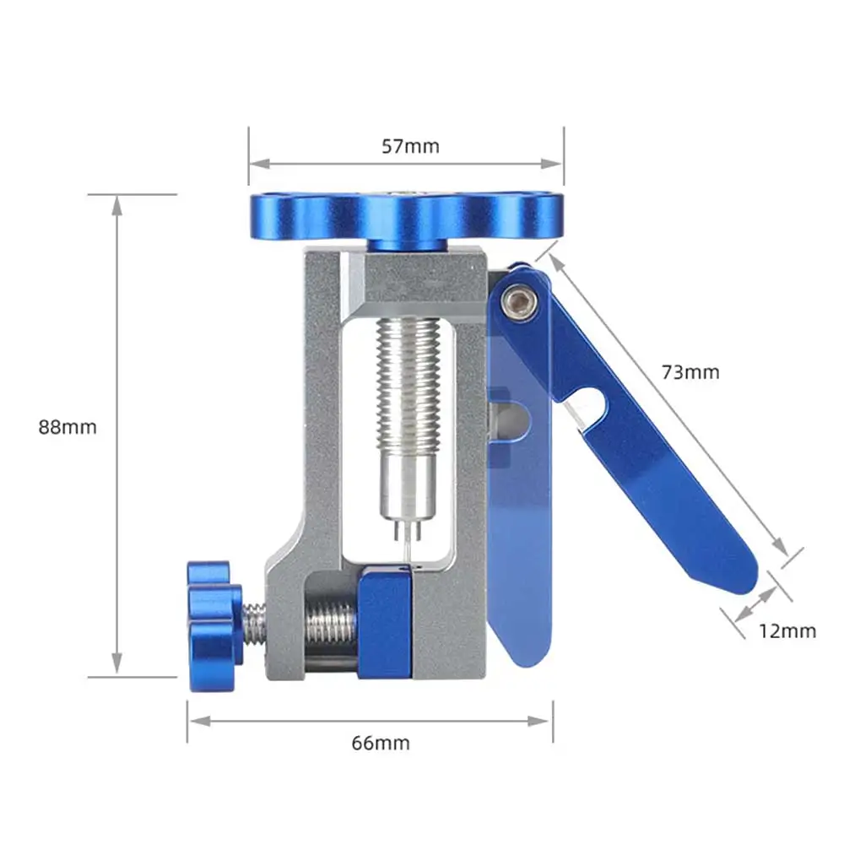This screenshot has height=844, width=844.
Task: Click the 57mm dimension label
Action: click(x=410, y=146)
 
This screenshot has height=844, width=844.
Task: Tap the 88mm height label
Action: click(x=68, y=427)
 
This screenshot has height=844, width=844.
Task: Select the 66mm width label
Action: click(x=381, y=744)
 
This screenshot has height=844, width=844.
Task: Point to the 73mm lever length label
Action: click(x=690, y=372)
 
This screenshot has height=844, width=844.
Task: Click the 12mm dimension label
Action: click(x=787, y=630)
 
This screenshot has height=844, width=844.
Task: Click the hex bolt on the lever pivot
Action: click(x=520, y=302)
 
